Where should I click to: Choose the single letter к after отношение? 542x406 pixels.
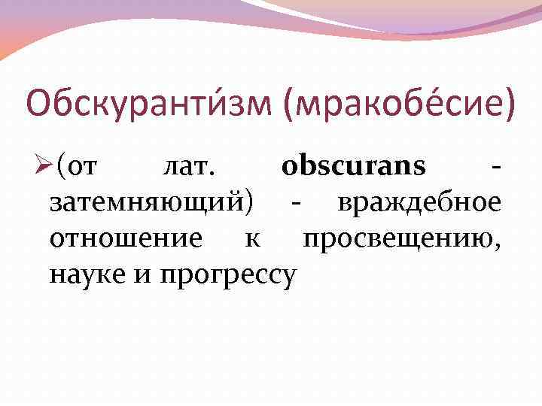click(x=252, y=240)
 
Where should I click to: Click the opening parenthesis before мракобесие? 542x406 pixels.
click(x=290, y=105)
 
